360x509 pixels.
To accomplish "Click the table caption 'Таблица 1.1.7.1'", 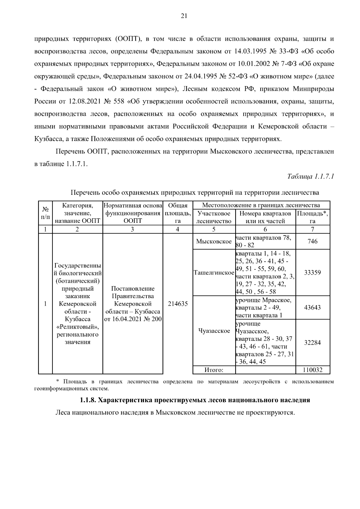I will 311,176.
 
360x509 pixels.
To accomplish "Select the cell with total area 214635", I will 178,304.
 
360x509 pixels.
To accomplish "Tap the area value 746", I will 313,241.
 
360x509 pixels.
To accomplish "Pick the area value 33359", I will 313,273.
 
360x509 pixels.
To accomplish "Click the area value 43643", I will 313,307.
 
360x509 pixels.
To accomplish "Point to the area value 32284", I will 313,343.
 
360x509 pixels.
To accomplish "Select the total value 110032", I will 313,370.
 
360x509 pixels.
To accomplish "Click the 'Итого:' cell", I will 214,370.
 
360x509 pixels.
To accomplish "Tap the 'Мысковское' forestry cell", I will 214,241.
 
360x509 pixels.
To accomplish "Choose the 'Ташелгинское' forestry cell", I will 214,273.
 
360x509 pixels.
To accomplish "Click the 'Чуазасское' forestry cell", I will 214,331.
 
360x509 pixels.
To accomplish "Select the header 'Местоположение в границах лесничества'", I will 261,205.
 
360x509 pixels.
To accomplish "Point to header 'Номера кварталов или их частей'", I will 265,217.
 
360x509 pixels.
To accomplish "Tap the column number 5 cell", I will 214,229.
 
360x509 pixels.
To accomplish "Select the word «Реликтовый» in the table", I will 78,327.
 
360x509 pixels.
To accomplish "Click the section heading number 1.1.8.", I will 88,400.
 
